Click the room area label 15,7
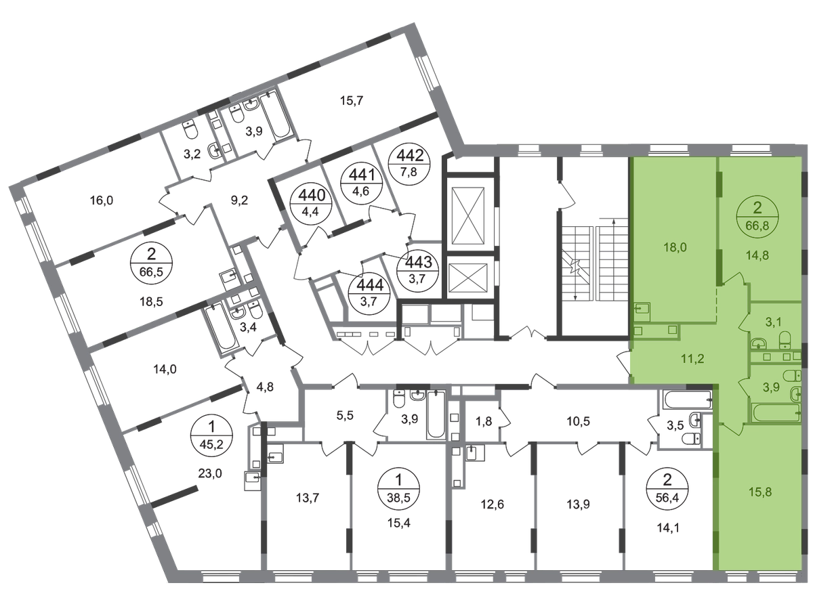pos(351,100)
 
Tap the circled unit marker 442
pos(409,164)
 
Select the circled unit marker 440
pos(311,204)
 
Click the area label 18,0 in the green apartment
pos(675,247)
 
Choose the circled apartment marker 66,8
pos(757,217)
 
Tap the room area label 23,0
pos(210,474)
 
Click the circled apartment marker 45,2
pos(211,435)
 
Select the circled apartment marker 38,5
pos(399,488)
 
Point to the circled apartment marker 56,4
pos(667,488)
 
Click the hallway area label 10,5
pos(579,421)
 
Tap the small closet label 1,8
pos(484,421)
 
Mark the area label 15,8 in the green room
pos(760,492)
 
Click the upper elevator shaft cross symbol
pos(467,215)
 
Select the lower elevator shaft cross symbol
pos(468,278)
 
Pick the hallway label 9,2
pos(239,200)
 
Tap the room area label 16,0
pos(102,200)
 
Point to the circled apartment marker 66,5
pos(151,263)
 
